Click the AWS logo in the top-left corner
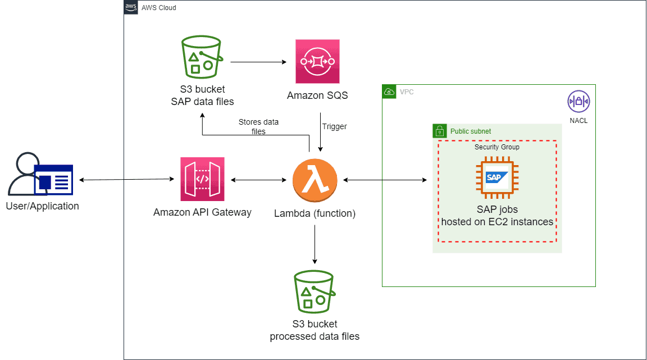click(131, 7)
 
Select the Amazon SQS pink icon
click(317, 61)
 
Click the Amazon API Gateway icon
click(202, 179)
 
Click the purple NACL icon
click(578, 102)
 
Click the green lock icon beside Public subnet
click(439, 131)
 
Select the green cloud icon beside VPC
click(389, 91)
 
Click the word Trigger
click(334, 126)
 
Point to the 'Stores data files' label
click(258, 126)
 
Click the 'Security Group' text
click(497, 147)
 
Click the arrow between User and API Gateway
click(127, 180)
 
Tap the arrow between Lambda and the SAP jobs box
click(385, 180)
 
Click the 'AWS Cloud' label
click(159, 8)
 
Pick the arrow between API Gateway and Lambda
click(258, 180)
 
